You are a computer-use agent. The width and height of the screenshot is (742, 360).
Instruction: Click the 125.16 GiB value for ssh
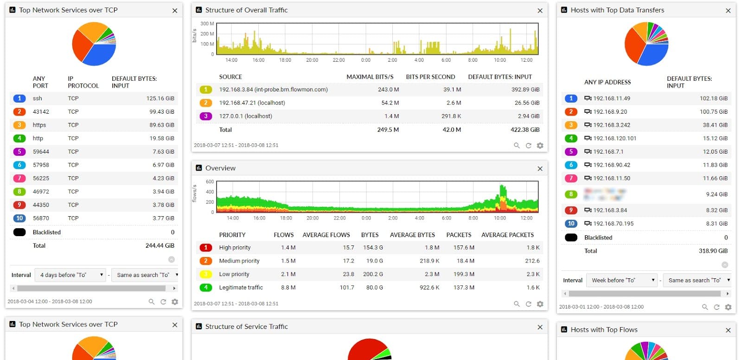click(160, 98)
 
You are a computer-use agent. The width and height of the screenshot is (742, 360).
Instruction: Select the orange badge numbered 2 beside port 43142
click(19, 112)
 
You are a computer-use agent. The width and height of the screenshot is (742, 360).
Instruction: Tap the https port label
click(39, 125)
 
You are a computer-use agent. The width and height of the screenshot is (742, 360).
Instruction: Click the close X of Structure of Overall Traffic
click(540, 11)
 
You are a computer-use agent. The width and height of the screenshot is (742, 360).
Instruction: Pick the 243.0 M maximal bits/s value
click(388, 90)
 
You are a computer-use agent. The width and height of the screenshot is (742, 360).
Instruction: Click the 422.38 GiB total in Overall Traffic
click(525, 130)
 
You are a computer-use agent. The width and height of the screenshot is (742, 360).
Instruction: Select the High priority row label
click(235, 248)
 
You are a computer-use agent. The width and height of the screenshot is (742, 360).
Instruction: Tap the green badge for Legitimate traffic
click(206, 288)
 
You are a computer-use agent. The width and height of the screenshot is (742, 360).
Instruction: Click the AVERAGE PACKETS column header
click(507, 235)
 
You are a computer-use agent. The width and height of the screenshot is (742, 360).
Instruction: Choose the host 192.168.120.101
click(614, 138)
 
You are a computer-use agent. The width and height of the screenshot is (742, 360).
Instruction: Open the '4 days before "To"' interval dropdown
click(71, 275)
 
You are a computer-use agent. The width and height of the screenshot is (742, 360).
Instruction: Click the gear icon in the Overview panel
click(540, 304)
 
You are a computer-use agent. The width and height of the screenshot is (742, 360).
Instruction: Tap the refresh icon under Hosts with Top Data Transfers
click(716, 307)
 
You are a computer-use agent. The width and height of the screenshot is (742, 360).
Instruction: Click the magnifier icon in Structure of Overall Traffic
click(517, 146)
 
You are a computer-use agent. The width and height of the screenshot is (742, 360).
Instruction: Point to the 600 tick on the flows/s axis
click(210, 182)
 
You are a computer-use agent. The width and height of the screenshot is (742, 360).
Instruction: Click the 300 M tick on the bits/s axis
click(207, 24)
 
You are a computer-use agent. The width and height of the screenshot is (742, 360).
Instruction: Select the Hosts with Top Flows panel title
click(604, 330)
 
